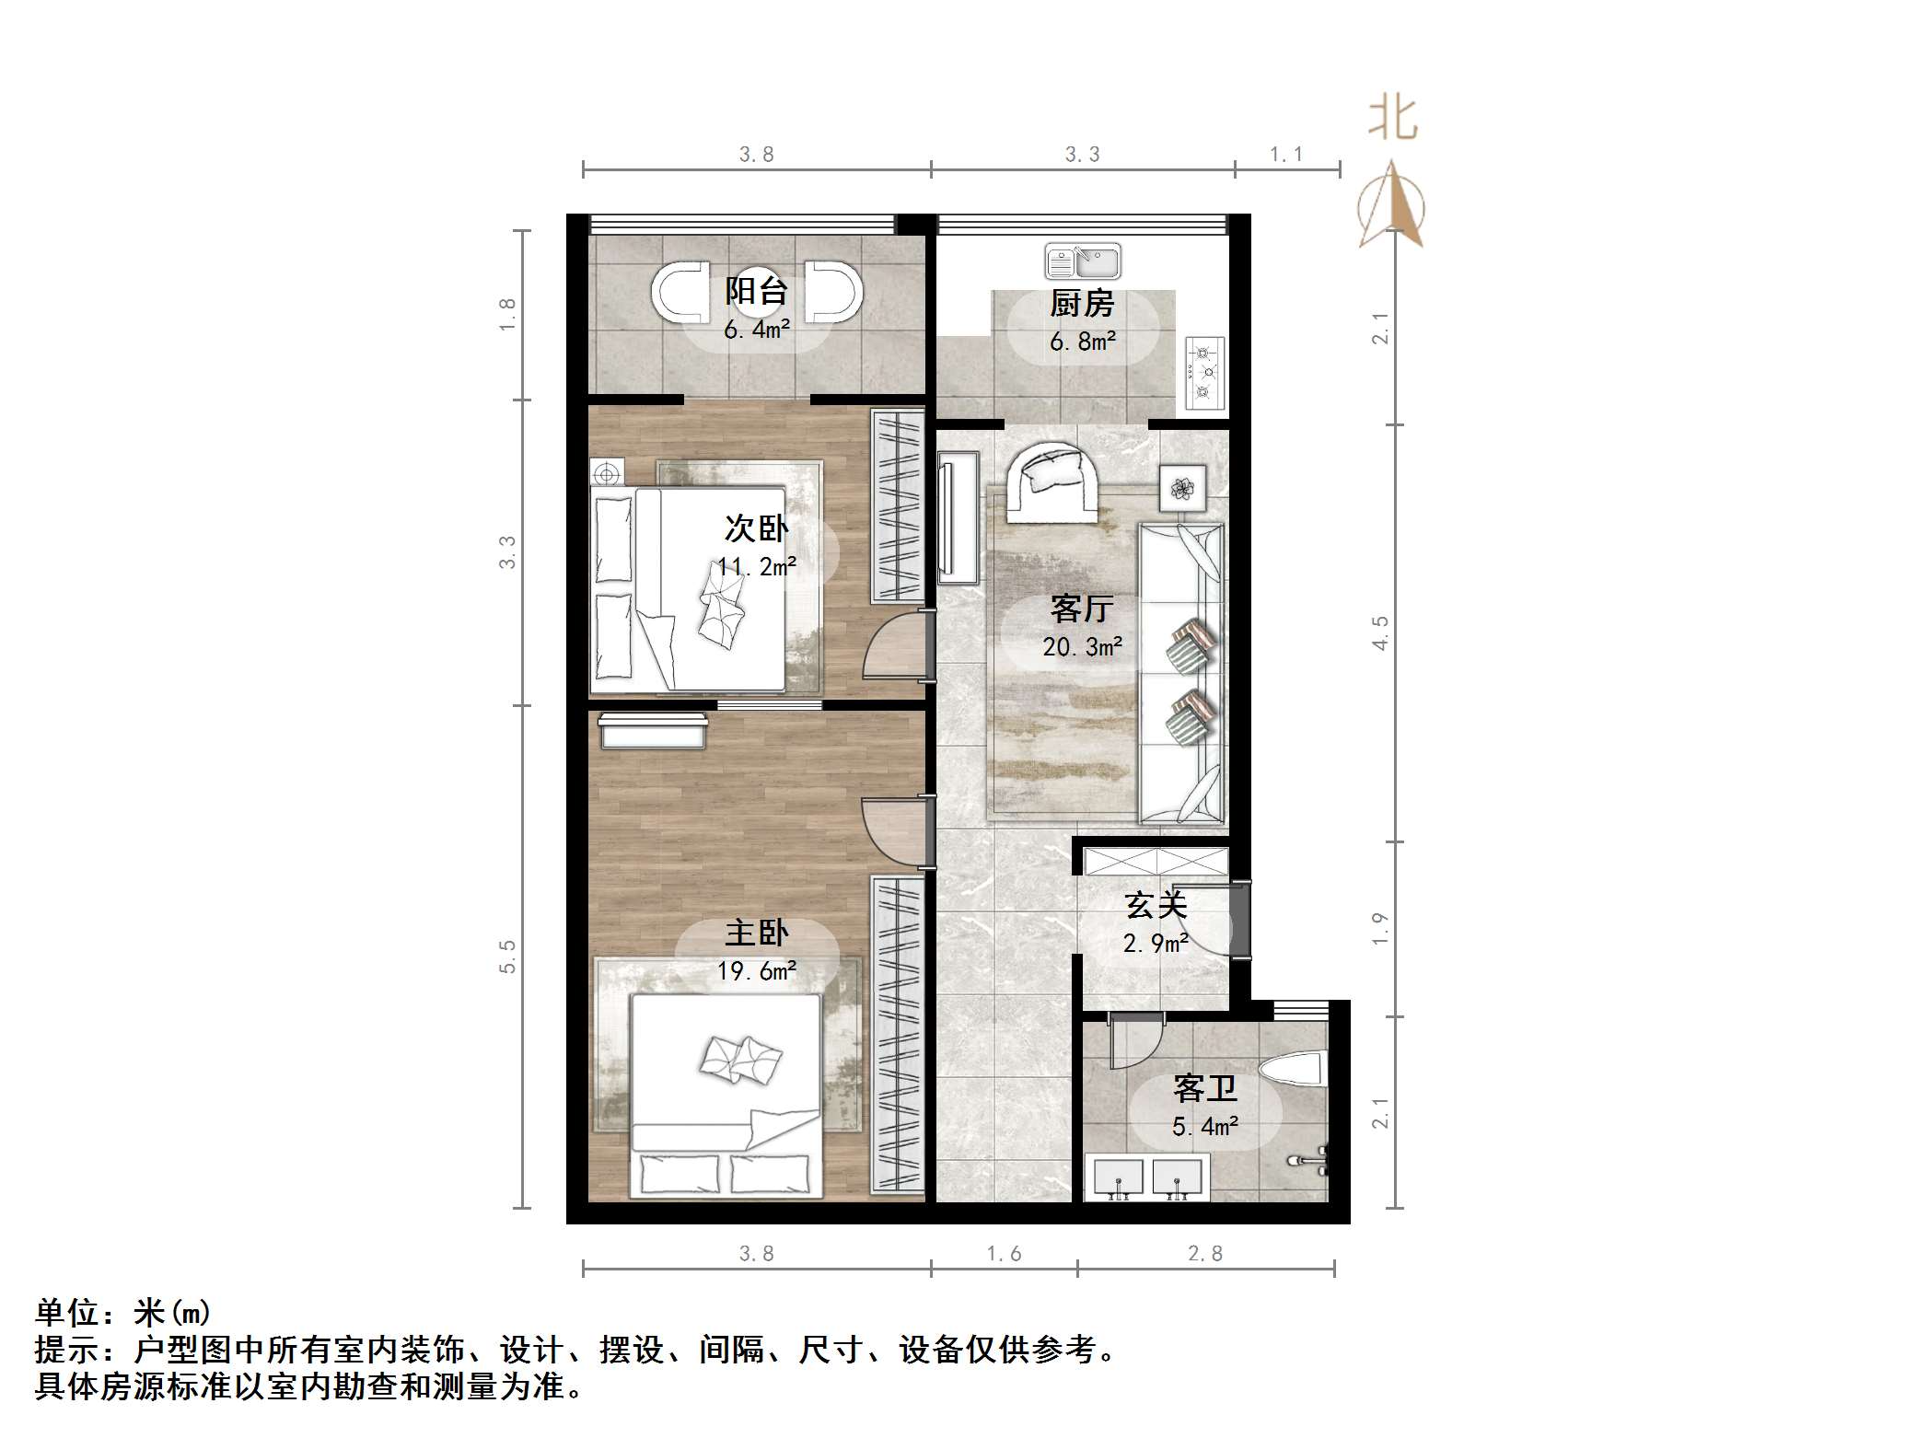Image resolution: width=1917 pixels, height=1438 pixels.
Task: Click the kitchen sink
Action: click(1083, 261)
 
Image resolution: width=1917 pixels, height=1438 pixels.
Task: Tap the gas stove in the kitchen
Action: click(1204, 373)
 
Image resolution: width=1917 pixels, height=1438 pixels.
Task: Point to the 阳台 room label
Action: click(756, 291)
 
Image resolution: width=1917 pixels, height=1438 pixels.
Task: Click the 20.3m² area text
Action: click(1082, 647)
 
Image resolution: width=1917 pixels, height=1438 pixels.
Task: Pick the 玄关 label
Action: click(1156, 906)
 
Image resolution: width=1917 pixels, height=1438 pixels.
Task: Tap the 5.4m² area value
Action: click(1204, 1127)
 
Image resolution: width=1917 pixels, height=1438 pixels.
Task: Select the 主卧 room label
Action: click(756, 934)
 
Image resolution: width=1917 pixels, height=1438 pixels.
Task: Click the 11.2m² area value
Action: click(757, 566)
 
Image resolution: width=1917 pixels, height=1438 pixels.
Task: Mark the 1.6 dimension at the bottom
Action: click(1004, 1254)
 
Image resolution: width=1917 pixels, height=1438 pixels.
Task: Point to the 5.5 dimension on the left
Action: click(507, 957)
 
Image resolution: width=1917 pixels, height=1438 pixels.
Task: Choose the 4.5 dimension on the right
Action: click(1380, 633)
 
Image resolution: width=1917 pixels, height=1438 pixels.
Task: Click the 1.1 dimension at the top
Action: click(1286, 155)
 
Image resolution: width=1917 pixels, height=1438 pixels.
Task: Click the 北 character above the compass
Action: click(1392, 120)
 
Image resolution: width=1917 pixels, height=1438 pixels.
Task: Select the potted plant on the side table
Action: click(1182, 487)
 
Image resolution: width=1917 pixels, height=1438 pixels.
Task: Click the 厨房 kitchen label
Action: click(1082, 303)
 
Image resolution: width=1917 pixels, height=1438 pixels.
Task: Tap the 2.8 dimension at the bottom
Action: click(1205, 1254)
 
